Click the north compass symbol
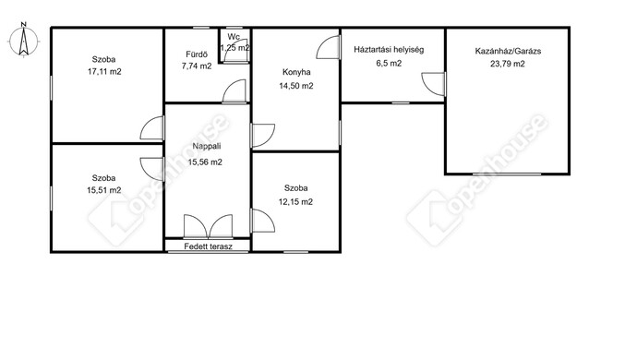[24, 40]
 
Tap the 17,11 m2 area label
[104, 72]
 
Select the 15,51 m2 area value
[104, 190]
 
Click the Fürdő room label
[197, 54]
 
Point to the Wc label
[234, 37]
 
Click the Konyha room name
[296, 72]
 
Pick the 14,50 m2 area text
[296, 86]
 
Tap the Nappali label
[207, 146]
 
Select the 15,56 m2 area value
[205, 162]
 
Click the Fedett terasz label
[208, 246]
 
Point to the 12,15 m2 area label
[295, 202]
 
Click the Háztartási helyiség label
[389, 50]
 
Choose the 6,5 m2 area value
[389, 64]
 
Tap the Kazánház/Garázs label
[509, 51]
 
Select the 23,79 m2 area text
[508, 64]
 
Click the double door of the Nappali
[208, 226]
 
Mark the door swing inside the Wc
[236, 51]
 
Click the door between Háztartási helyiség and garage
[434, 84]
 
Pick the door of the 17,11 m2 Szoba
[152, 128]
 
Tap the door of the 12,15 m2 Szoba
[263, 221]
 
